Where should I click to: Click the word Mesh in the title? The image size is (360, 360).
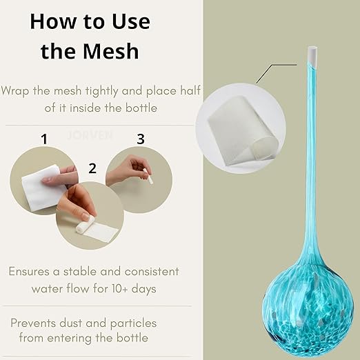point(111,50)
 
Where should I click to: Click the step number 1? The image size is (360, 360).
point(44,139)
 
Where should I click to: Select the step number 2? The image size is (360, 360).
point(92,168)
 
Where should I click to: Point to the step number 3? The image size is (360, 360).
point(141,139)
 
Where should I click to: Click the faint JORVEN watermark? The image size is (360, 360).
point(90,135)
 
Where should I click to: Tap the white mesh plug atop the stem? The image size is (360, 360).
point(312,57)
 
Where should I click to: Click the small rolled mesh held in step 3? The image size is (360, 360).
point(148,176)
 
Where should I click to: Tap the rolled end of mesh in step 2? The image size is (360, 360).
point(85,224)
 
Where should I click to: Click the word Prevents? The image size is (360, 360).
point(33,323)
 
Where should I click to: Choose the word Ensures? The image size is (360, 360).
point(29,271)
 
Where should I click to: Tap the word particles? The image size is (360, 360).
point(133,323)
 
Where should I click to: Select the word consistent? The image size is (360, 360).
point(152,272)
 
